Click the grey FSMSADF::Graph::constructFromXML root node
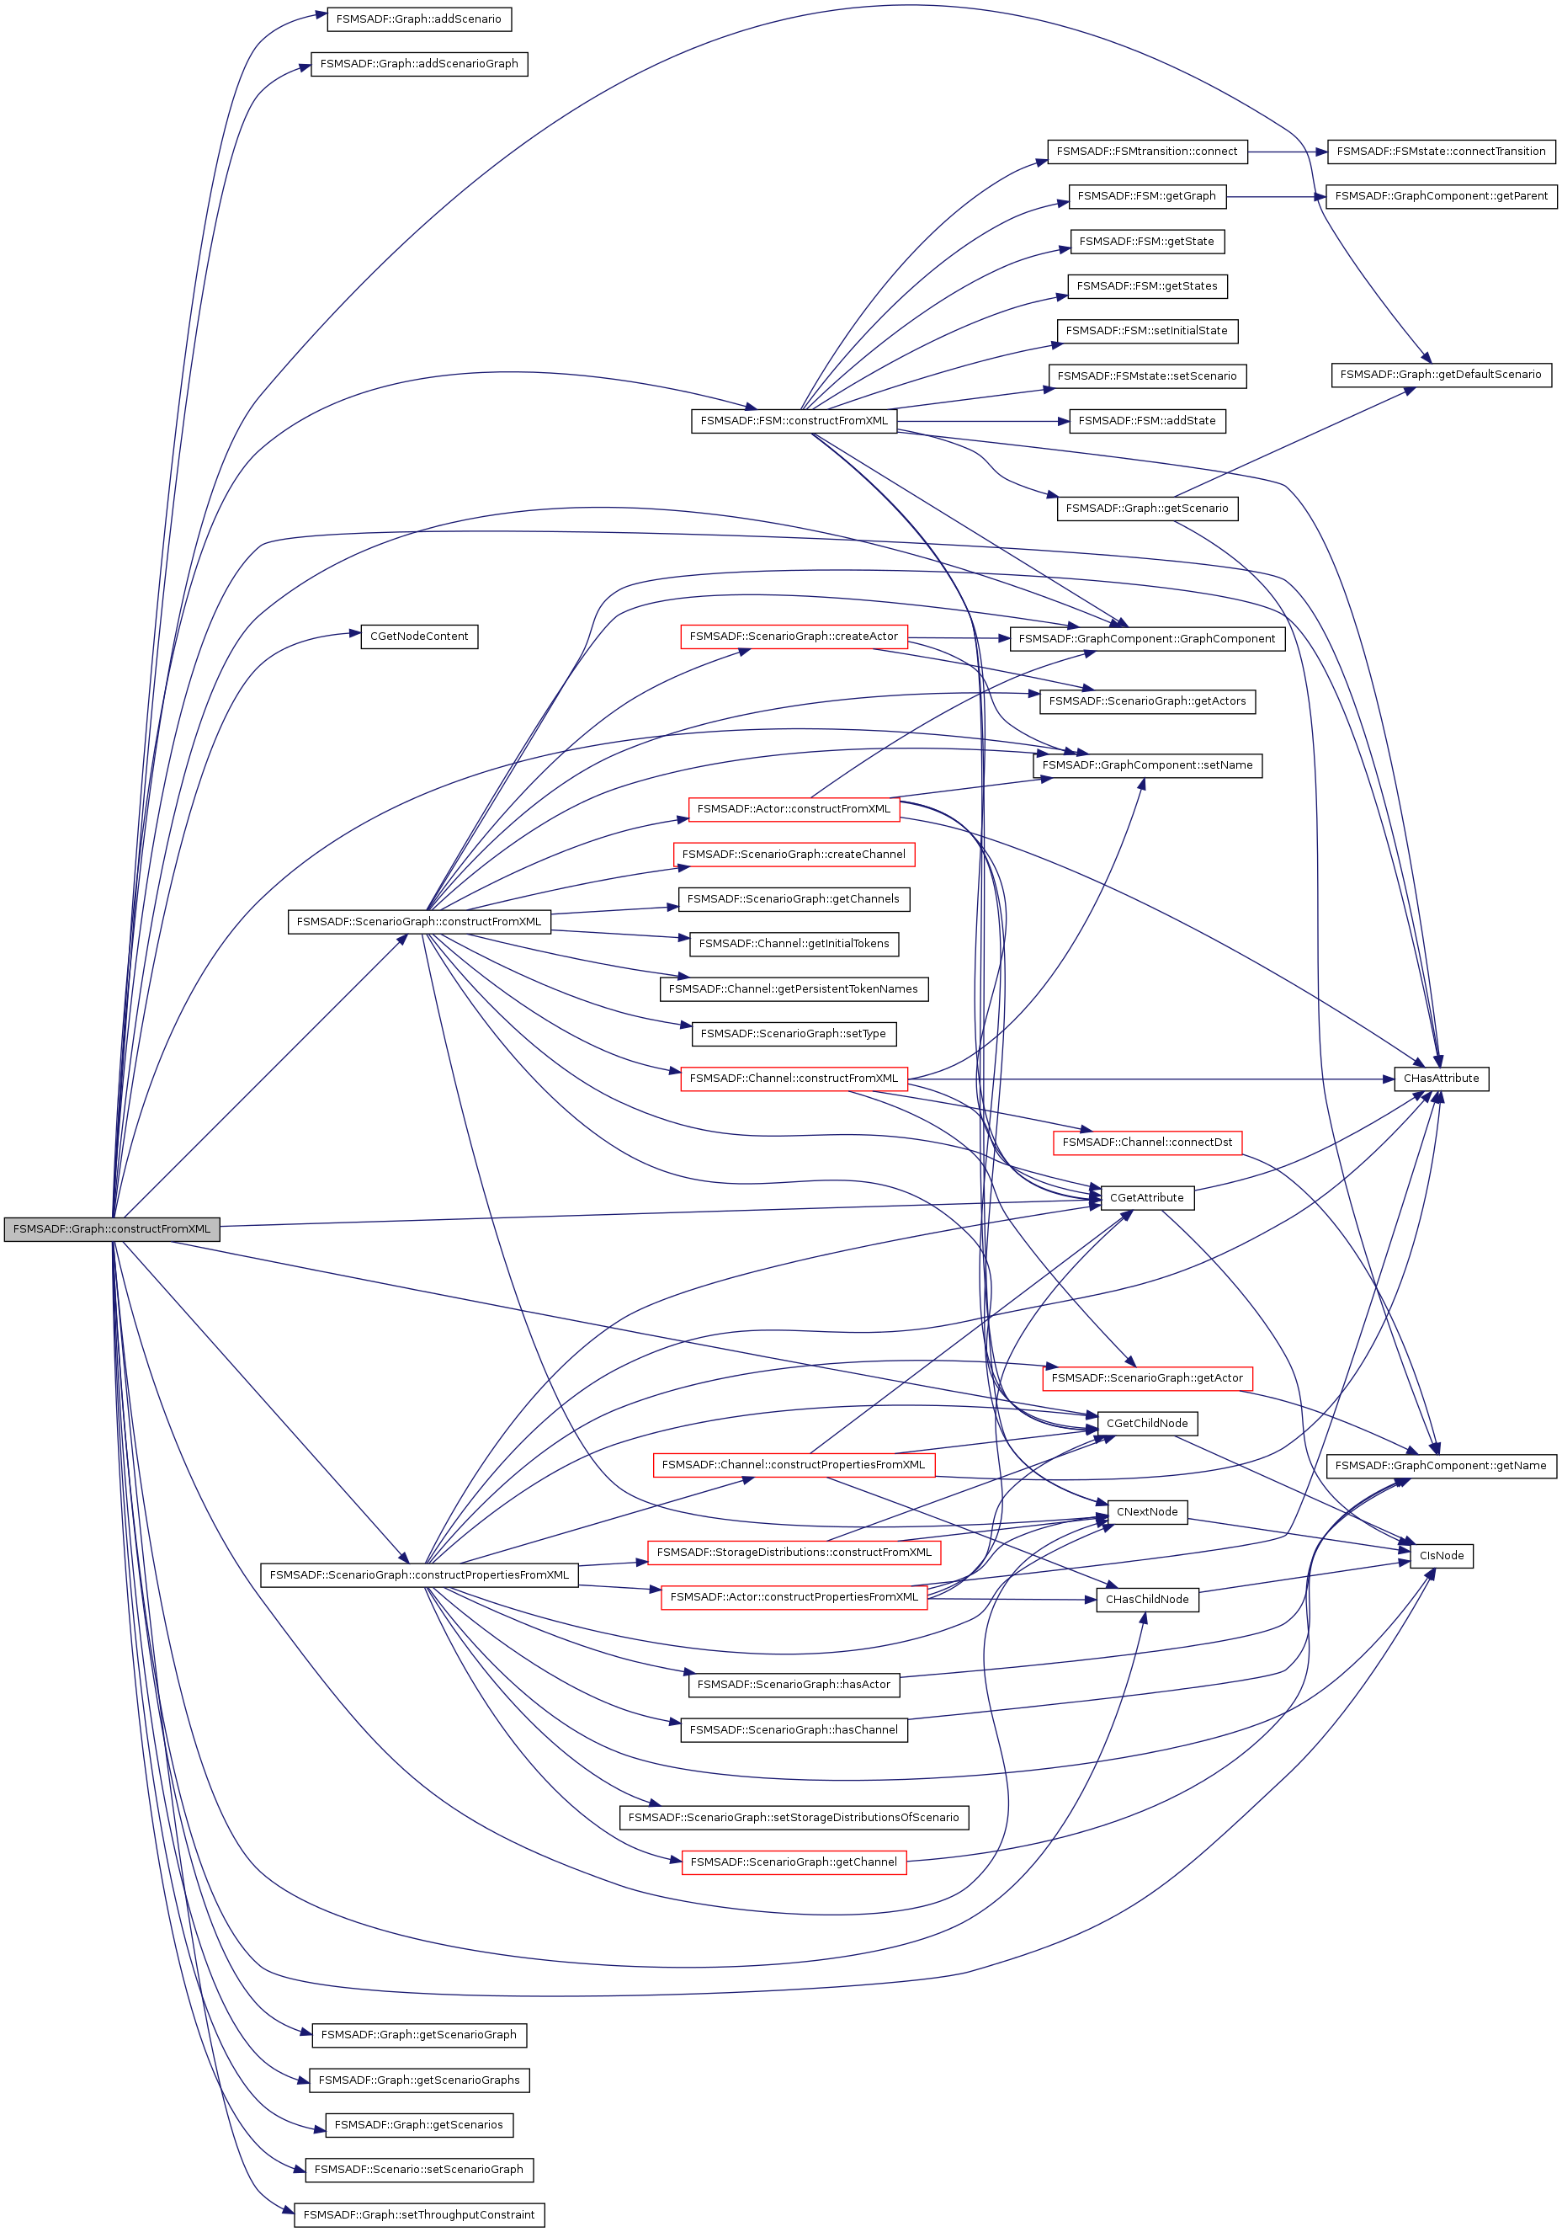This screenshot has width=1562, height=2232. [111, 1228]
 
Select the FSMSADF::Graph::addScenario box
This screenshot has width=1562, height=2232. [418, 19]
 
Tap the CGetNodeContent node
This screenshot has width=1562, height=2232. [419, 637]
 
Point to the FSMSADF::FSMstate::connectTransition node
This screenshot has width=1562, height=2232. [1441, 152]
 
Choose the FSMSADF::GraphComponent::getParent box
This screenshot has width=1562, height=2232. [1441, 196]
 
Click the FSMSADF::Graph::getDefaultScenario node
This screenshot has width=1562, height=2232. [1441, 375]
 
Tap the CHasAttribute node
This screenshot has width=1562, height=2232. [1441, 1078]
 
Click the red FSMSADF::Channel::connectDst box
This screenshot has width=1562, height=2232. [1147, 1143]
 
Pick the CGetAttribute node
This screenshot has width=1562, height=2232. [1147, 1197]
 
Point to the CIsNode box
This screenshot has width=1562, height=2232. [1441, 1555]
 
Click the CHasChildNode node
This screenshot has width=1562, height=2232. [1147, 1599]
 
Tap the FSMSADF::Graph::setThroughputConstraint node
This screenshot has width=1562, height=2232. [419, 2214]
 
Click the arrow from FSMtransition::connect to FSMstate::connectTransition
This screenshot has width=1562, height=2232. [1287, 152]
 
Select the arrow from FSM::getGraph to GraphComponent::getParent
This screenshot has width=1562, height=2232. [1275, 196]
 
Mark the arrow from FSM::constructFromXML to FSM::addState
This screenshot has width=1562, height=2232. [981, 421]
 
